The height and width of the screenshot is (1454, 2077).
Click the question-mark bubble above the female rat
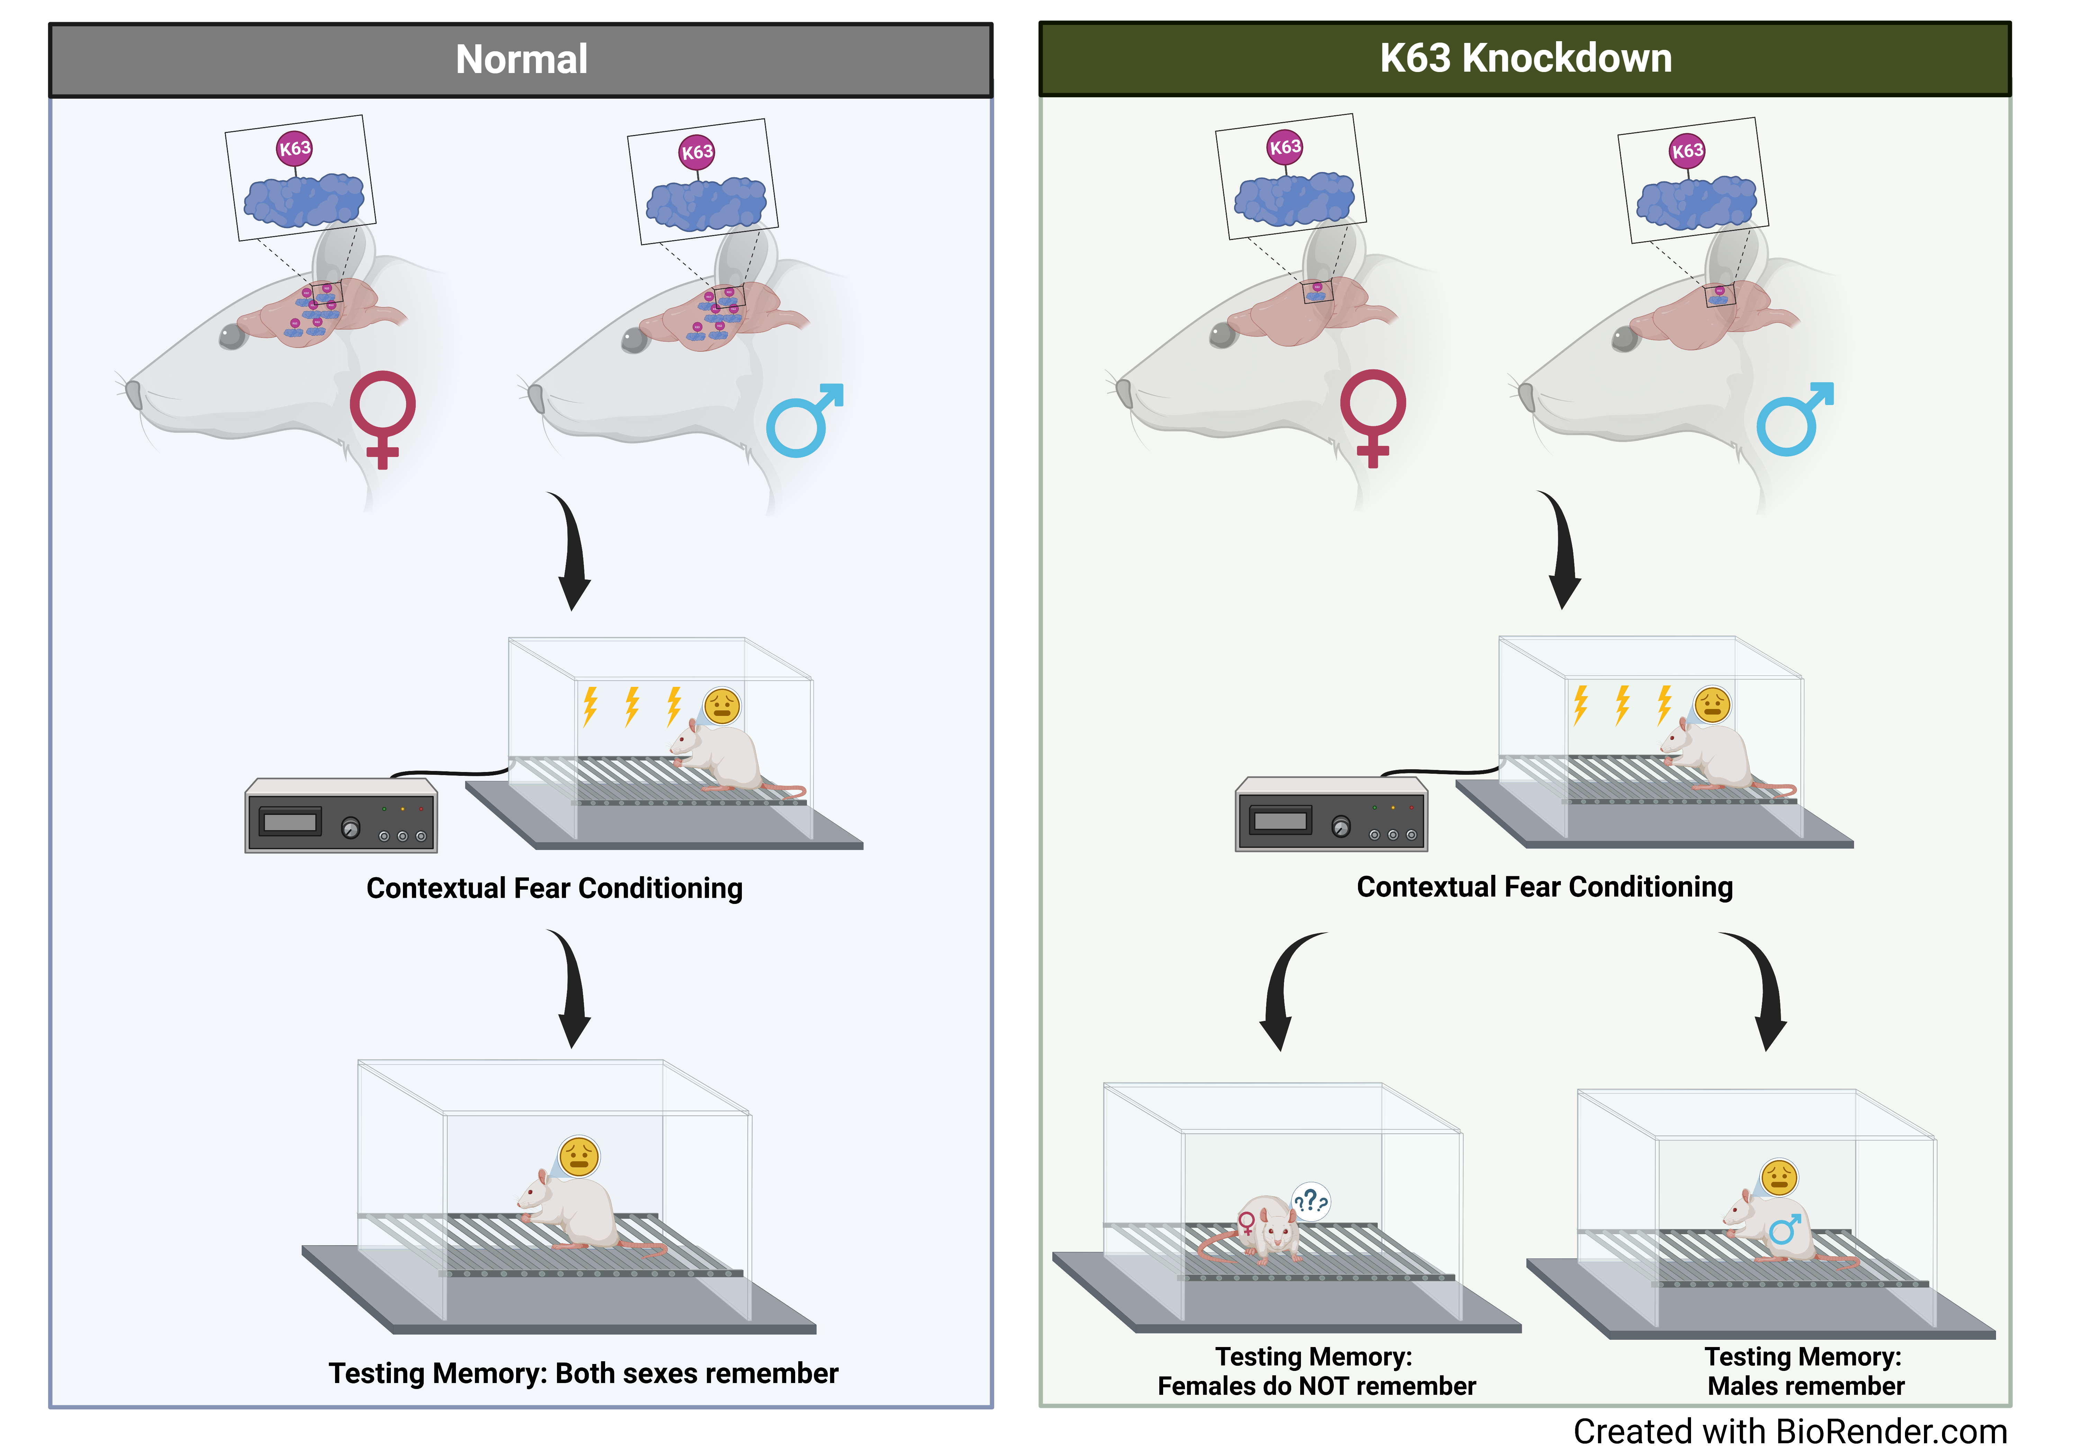1311,1202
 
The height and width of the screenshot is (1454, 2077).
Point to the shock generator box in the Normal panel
341,816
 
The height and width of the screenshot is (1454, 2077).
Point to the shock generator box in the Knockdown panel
1331,814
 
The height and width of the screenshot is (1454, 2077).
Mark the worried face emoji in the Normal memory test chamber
579,1156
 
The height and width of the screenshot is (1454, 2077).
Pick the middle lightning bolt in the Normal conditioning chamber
631,706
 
